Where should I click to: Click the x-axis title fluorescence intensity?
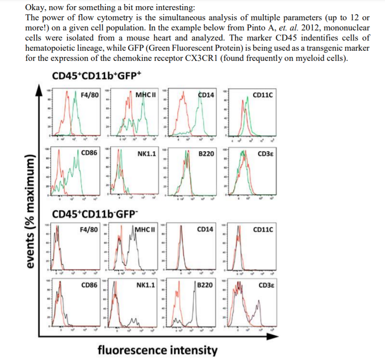click(x=157, y=350)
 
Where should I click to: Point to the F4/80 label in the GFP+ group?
click(x=90, y=95)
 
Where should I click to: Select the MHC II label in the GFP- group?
click(x=146, y=230)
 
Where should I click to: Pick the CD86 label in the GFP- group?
click(x=90, y=285)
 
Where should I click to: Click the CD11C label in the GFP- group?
click(x=263, y=230)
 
